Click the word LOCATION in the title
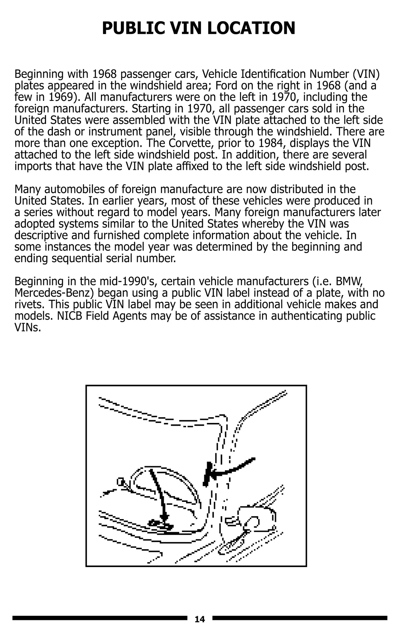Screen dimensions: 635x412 (251, 28)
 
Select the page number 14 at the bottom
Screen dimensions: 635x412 (199, 619)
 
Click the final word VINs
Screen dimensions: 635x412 (27, 328)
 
